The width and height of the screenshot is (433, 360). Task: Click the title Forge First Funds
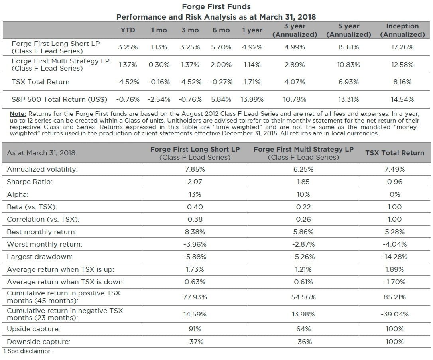pos(216,7)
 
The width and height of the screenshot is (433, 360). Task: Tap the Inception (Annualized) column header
pos(402,30)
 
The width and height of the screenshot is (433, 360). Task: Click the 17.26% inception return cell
pos(402,47)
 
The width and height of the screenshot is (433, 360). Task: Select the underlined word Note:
pos(18,114)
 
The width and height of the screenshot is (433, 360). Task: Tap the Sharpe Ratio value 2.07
pos(195,182)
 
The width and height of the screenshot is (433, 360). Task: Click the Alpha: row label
pos(17,194)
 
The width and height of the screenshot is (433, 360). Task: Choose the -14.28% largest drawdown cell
pos(395,257)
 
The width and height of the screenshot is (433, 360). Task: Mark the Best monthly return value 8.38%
pos(195,232)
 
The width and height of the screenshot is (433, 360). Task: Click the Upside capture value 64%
pos(303,329)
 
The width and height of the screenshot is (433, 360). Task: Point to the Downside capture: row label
pos(38,342)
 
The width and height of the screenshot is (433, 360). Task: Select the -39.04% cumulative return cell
pos(395,314)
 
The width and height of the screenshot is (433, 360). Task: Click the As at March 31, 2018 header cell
pos(41,153)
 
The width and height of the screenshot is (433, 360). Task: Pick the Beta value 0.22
pos(303,207)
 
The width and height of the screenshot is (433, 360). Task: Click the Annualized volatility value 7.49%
pos(395,169)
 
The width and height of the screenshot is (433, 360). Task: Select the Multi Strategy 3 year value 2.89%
pos(295,65)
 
